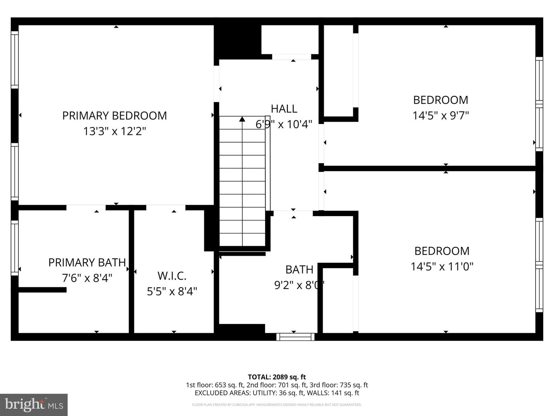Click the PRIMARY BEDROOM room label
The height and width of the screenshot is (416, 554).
point(114,116)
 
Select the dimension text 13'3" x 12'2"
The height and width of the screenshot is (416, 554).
point(114,131)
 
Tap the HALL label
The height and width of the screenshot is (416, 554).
point(284,109)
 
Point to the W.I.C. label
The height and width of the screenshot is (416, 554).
point(172,276)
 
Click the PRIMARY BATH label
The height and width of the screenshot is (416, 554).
point(87,262)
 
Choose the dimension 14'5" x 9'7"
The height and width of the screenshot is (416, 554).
point(441,116)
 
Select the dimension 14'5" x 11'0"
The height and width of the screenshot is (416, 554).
point(442,267)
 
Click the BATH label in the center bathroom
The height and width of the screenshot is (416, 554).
point(299,270)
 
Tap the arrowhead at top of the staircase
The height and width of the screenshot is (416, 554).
point(242,119)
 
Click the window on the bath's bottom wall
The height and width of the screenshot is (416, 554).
point(295,337)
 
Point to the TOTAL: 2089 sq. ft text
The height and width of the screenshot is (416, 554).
point(277,377)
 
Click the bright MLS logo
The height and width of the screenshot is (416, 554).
point(34,404)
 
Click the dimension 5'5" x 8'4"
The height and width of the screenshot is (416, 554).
point(172,291)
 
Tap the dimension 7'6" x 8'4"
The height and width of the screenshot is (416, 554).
point(87,278)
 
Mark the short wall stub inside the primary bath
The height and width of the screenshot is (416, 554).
point(42,290)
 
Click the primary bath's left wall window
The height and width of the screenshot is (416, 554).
point(15,247)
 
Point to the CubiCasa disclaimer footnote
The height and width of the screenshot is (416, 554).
point(277,405)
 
